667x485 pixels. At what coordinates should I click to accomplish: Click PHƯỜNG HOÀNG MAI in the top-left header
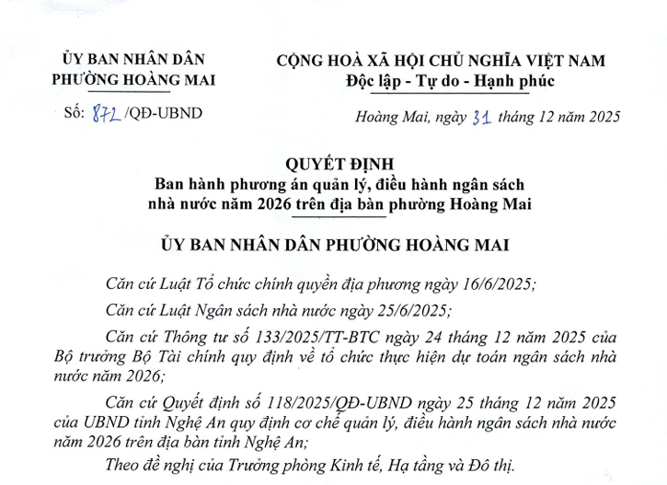point(134,79)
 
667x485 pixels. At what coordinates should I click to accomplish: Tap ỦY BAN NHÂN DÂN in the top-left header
point(133,61)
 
